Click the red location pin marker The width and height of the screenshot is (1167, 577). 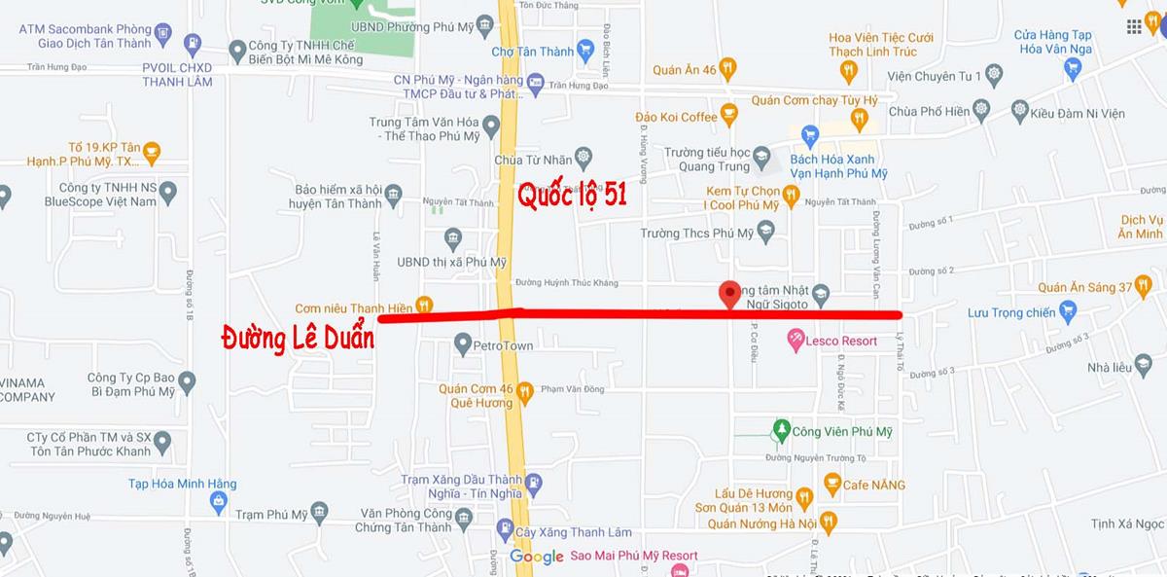729,295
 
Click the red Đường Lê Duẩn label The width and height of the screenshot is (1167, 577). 298,339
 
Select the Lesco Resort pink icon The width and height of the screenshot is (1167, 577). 796,341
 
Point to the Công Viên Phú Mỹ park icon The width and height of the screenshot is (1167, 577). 780,429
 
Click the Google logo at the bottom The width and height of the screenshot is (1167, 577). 537,557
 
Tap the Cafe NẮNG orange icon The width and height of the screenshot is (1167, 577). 831,484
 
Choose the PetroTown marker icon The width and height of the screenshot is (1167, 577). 463,343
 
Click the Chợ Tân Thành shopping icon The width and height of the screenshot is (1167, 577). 584,50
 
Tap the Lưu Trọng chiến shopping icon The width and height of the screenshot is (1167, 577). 1068,312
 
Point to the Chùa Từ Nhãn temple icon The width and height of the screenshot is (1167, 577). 583,158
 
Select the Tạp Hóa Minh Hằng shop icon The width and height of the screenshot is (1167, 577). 218,503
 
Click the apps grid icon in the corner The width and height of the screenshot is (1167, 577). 1134,26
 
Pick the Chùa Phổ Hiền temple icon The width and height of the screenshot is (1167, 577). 980,111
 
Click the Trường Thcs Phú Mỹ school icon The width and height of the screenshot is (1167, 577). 765,233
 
